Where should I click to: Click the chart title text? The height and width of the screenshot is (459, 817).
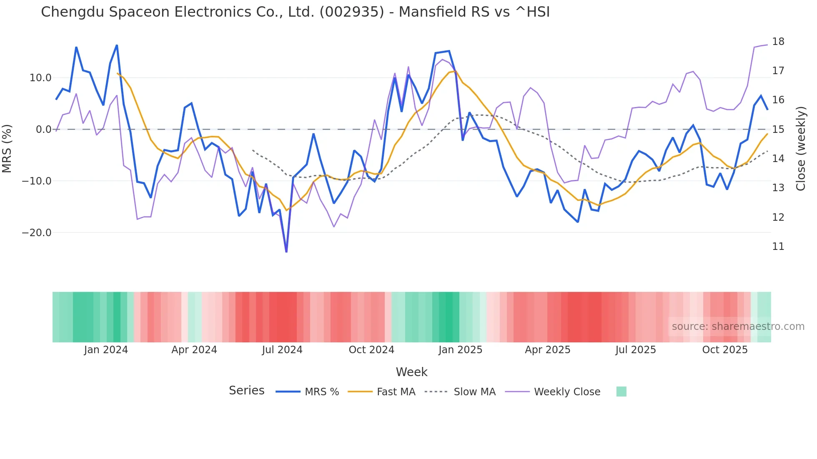click(x=295, y=12)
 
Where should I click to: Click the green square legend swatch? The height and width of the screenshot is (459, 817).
click(x=621, y=392)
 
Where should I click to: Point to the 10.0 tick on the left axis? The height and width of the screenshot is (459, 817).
click(x=40, y=78)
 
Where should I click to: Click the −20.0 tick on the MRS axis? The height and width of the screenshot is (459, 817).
click(x=37, y=233)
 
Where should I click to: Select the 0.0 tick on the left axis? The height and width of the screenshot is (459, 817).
click(x=43, y=130)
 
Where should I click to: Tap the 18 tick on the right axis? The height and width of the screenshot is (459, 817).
click(x=778, y=42)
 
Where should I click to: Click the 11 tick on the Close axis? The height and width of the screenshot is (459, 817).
click(x=778, y=247)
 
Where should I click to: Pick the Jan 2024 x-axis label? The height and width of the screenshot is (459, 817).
click(x=106, y=350)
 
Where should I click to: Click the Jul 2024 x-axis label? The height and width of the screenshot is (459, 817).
click(x=282, y=350)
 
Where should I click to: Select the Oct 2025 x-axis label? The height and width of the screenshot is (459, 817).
click(x=725, y=350)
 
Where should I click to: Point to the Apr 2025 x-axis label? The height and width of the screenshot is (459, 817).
click(x=547, y=350)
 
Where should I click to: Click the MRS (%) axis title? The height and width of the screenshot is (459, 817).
click(x=7, y=149)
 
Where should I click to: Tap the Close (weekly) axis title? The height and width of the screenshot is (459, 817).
click(x=800, y=149)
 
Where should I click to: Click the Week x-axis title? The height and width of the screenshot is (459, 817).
click(x=411, y=372)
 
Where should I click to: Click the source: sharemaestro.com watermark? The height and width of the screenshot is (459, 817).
click(x=738, y=327)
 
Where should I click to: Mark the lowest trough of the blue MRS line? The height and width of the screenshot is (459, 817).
click(x=286, y=252)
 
